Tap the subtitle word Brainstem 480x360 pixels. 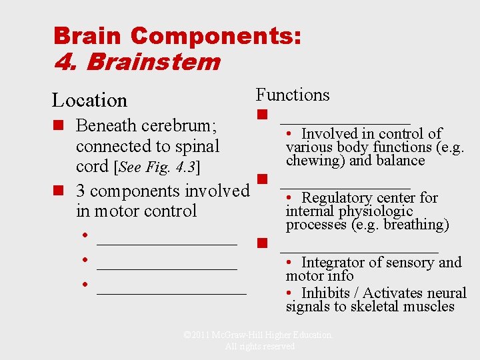point(153,62)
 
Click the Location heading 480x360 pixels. point(89,101)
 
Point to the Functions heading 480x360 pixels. point(293,95)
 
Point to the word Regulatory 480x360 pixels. point(337,197)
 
